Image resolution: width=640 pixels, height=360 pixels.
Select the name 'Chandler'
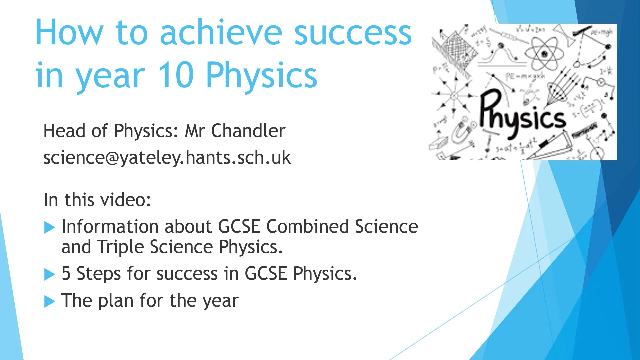tap(248, 131)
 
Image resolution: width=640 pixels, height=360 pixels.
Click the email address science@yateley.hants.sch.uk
tap(167, 157)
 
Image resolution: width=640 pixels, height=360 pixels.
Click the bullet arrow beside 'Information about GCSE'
tap(49, 228)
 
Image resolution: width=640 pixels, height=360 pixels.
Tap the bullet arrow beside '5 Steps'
tap(49, 275)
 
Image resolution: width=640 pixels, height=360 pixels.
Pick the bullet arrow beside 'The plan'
tap(49, 302)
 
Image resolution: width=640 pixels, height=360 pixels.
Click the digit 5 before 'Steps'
tap(66, 274)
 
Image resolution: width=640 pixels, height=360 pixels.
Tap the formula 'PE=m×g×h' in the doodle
tap(525, 76)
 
